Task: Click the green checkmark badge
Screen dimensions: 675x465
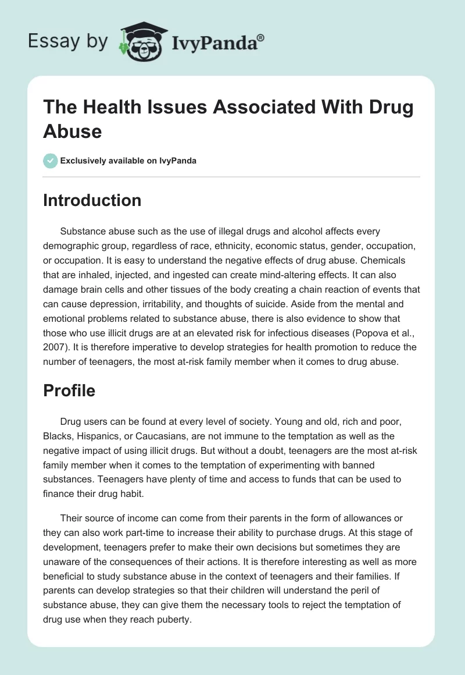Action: [x=50, y=161]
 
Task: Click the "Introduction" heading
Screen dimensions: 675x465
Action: [x=92, y=200]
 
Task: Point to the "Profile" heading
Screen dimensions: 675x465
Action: [x=69, y=391]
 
